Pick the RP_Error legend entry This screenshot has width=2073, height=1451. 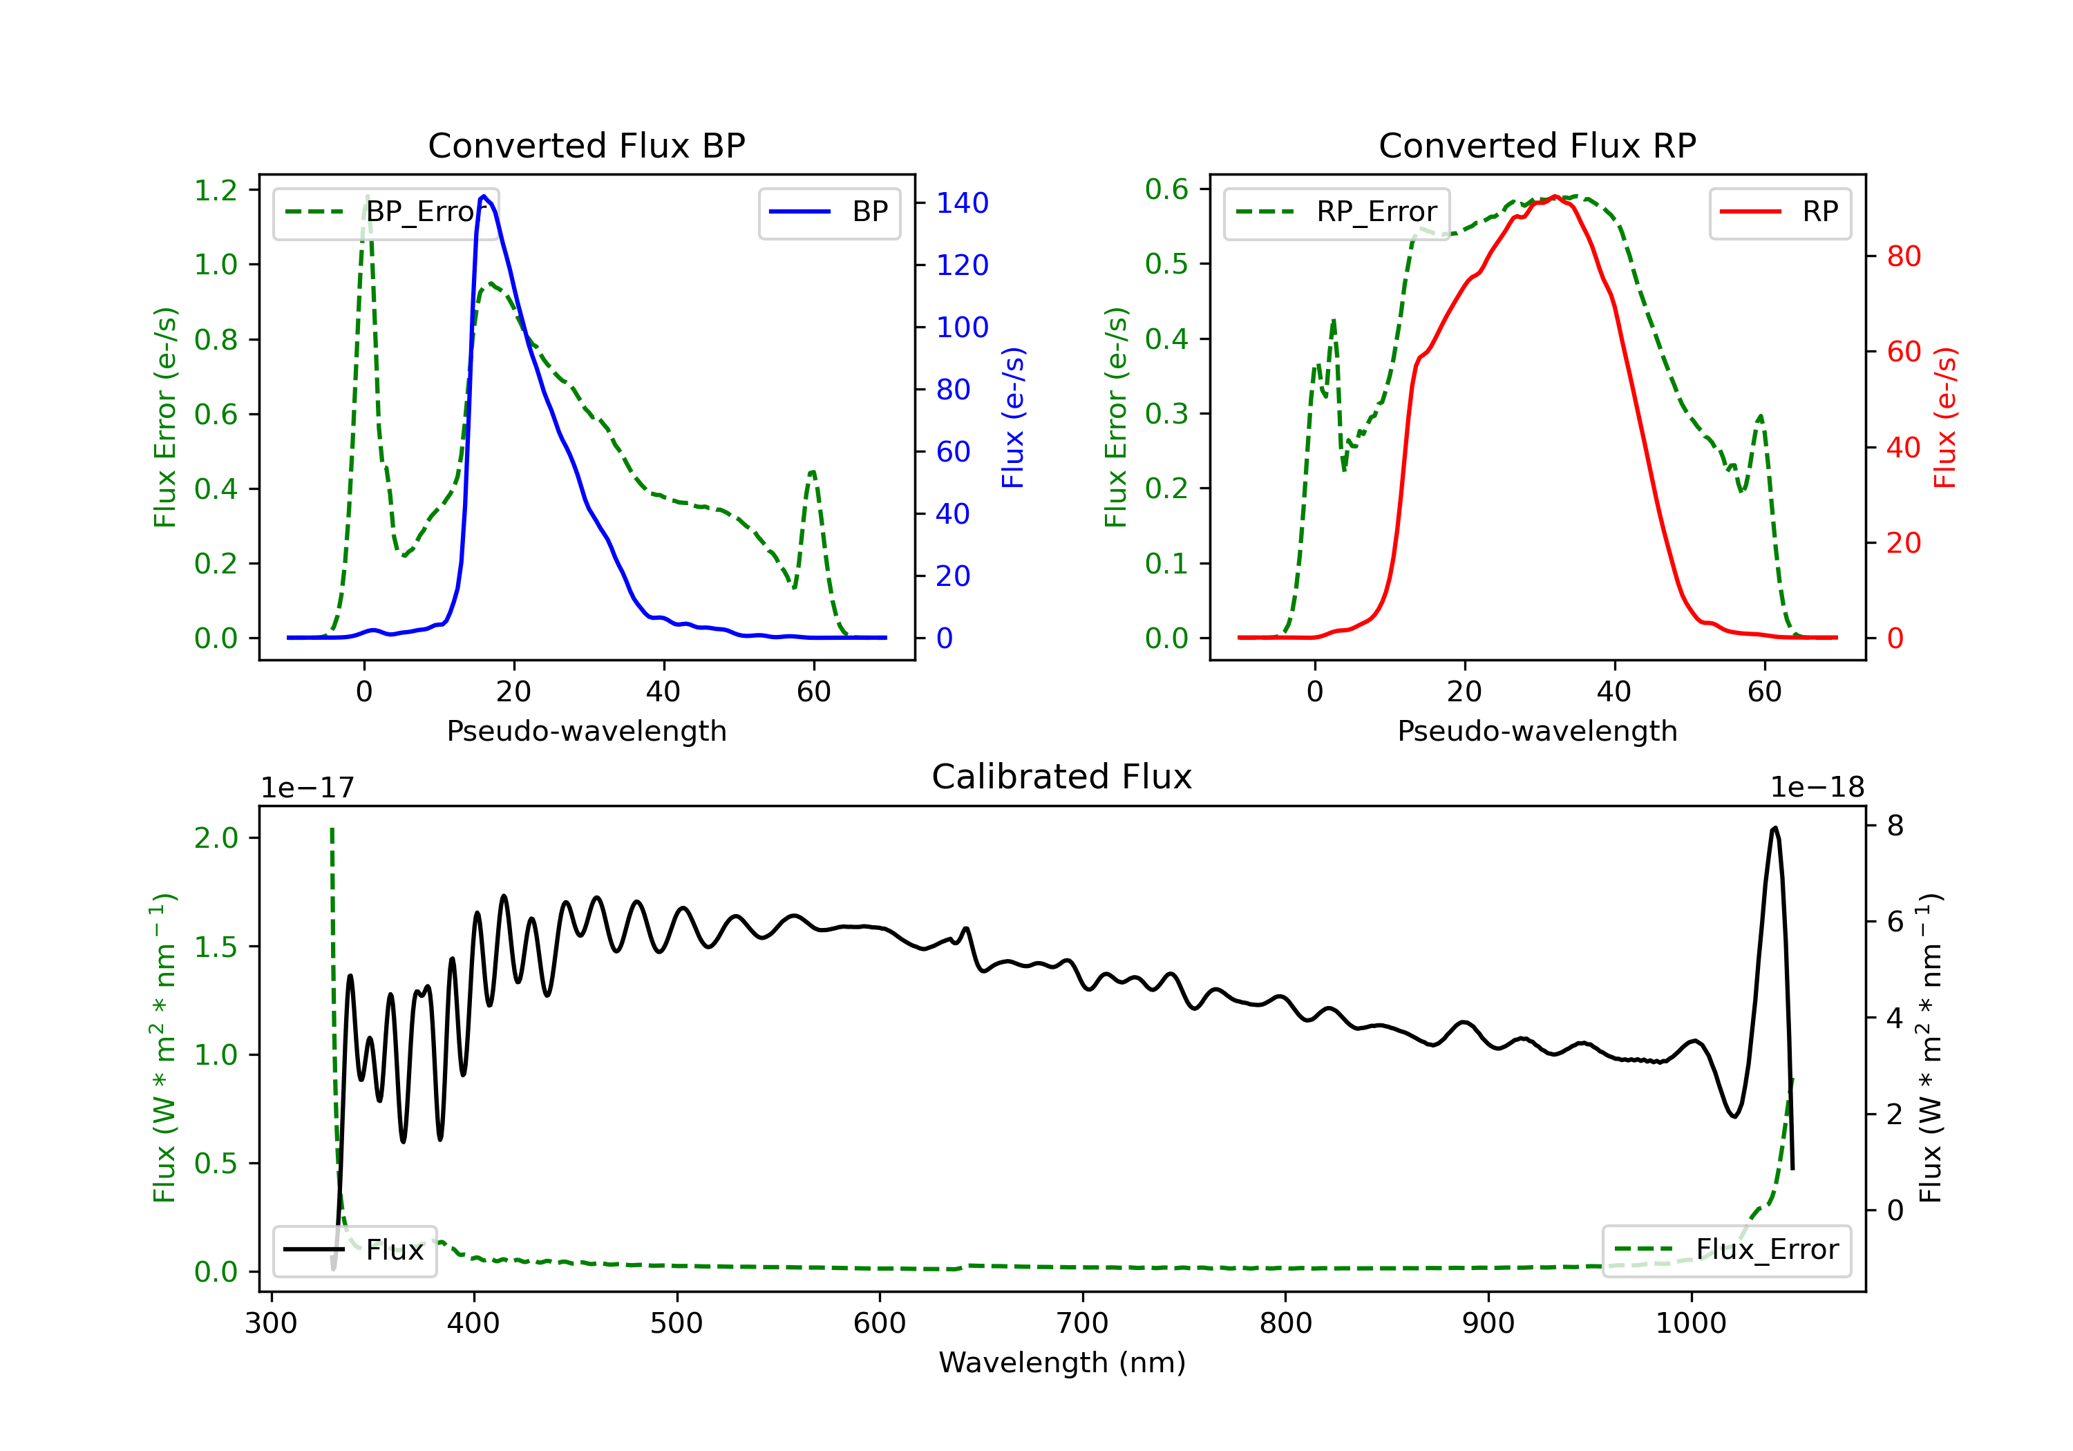point(1337,212)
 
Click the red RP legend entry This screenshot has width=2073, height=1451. point(1779,212)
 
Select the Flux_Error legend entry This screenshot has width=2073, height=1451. point(1726,1250)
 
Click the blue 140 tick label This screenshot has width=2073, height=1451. point(962,203)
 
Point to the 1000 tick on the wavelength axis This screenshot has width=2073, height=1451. point(1690,1324)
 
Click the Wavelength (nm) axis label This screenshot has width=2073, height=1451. point(1062,1363)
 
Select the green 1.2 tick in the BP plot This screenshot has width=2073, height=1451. point(216,191)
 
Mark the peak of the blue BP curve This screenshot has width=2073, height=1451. point(484,196)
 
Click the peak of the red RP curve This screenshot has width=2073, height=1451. point(1555,197)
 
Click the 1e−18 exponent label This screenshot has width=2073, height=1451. point(1817,788)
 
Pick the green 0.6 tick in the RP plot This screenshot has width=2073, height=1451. point(1166,189)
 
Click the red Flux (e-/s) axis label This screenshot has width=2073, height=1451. point(1944,418)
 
